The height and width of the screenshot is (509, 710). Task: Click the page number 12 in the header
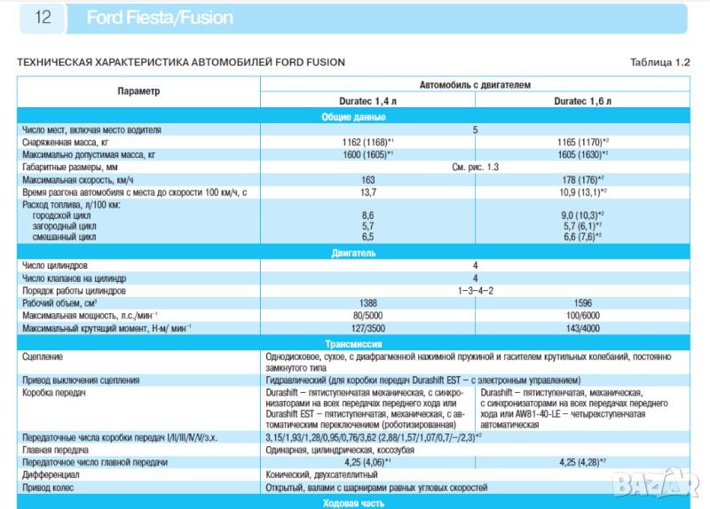[x=43, y=18]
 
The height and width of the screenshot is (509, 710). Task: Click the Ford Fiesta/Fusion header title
[x=160, y=18]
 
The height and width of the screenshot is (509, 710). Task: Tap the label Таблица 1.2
[x=659, y=62]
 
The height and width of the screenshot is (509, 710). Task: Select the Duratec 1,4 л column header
[x=367, y=102]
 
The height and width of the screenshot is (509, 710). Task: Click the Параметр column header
[x=138, y=92]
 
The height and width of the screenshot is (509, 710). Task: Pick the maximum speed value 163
[x=367, y=179]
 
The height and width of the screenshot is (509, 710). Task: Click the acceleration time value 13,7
[x=367, y=192]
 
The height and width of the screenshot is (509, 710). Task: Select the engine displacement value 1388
[x=367, y=302]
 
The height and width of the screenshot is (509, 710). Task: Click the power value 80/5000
[x=367, y=315]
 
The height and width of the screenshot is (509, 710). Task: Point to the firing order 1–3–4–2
[x=475, y=290]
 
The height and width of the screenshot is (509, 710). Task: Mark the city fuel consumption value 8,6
[x=367, y=215]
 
